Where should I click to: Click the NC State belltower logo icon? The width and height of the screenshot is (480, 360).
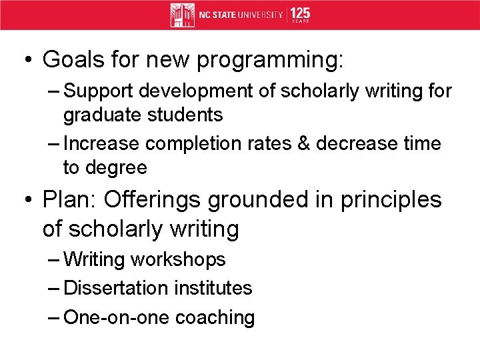tap(182, 15)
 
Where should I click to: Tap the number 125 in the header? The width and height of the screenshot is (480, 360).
tap(301, 13)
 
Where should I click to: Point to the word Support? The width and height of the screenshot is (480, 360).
tap(101, 91)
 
